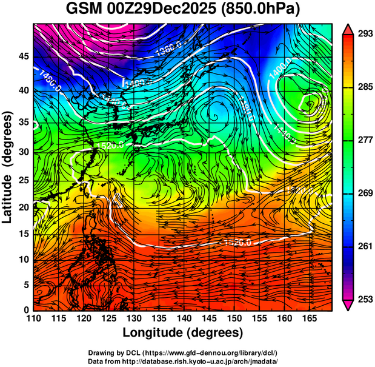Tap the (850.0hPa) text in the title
[x=266, y=10]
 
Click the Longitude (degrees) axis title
[x=183, y=332]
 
